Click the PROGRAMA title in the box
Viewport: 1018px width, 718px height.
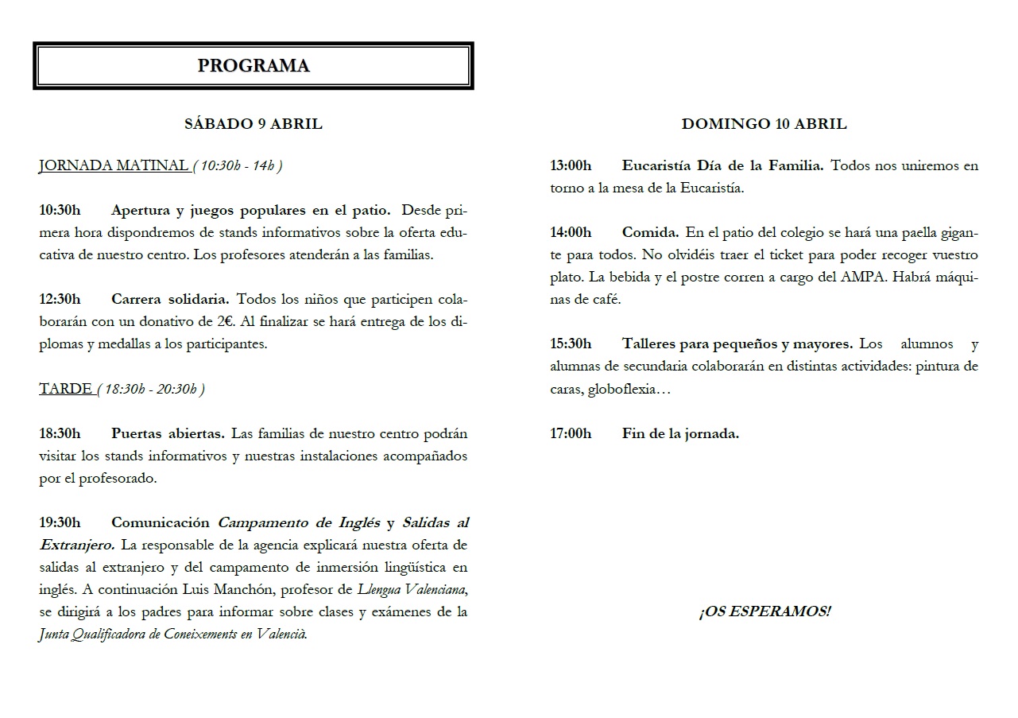click(x=254, y=66)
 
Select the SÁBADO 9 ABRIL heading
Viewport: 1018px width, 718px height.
click(x=254, y=124)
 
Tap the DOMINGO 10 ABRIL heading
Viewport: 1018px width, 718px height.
click(x=764, y=124)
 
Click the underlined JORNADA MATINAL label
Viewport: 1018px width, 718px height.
click(x=114, y=166)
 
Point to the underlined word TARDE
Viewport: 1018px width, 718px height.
click(x=65, y=389)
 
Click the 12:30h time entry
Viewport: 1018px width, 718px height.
click(x=60, y=300)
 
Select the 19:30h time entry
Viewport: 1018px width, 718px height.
click(x=60, y=523)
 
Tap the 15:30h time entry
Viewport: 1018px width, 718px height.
click(x=571, y=344)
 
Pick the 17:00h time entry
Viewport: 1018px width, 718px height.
click(x=571, y=434)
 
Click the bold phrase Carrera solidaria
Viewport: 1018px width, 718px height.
click(x=170, y=300)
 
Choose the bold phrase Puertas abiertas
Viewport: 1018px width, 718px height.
click(x=168, y=434)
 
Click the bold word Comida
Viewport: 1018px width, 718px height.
click(x=650, y=233)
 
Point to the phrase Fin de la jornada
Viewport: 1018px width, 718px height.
click(x=680, y=434)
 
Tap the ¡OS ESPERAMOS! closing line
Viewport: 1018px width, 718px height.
click(x=764, y=612)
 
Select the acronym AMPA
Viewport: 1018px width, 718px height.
click(x=881, y=277)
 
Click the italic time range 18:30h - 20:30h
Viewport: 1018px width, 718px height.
click(x=151, y=389)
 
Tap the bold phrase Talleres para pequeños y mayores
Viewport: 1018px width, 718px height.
click(x=737, y=344)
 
